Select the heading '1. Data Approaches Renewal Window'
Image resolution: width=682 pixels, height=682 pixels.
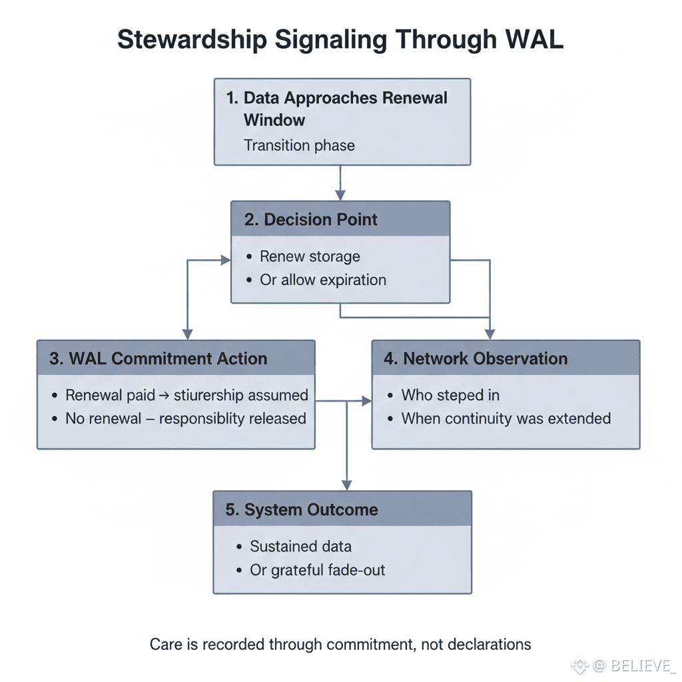click(336, 109)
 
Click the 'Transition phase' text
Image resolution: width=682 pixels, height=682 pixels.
click(299, 145)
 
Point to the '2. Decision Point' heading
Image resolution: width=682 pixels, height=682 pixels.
click(311, 220)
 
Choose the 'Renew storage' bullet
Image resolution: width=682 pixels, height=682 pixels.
click(310, 256)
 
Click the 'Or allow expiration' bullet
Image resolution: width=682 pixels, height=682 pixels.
click(322, 280)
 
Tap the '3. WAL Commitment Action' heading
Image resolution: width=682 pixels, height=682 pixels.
click(159, 358)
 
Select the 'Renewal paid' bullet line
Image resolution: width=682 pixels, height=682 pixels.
click(186, 395)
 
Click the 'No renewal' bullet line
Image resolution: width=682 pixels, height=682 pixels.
click(185, 419)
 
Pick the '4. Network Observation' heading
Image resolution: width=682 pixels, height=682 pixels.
click(476, 358)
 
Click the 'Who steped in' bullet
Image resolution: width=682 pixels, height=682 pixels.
click(450, 395)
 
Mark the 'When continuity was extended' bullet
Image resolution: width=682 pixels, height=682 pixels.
click(506, 419)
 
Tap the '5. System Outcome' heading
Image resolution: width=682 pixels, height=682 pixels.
click(302, 510)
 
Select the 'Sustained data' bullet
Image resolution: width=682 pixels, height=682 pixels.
click(300, 547)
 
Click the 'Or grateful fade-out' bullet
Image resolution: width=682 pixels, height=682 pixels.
click(317, 570)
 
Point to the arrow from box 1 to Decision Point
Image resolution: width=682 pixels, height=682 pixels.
click(340, 182)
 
